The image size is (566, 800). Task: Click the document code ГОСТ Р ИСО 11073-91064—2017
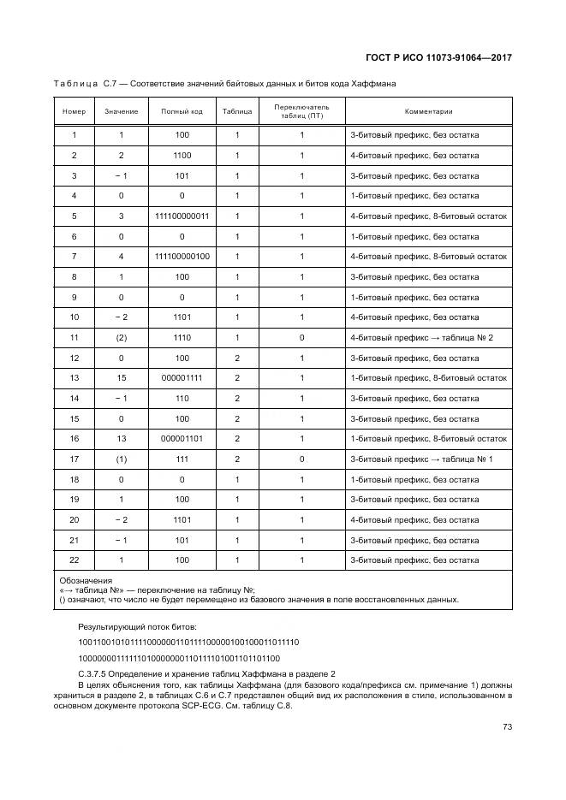438,57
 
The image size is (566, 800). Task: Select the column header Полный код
182,111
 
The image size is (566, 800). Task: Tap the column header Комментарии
428,111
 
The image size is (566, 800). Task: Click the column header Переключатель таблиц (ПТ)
301,111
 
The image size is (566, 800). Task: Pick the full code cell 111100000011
182,216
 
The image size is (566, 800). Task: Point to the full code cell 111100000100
182,257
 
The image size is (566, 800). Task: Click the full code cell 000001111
182,378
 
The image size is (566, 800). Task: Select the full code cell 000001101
182,439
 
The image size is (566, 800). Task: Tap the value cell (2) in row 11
121,338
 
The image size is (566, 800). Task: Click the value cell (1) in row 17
121,459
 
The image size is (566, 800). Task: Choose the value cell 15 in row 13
121,378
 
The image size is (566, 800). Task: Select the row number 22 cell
74,560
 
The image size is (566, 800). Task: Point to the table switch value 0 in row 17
301,459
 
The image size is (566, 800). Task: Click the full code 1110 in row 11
182,338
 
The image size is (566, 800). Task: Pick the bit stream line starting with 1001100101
188,642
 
